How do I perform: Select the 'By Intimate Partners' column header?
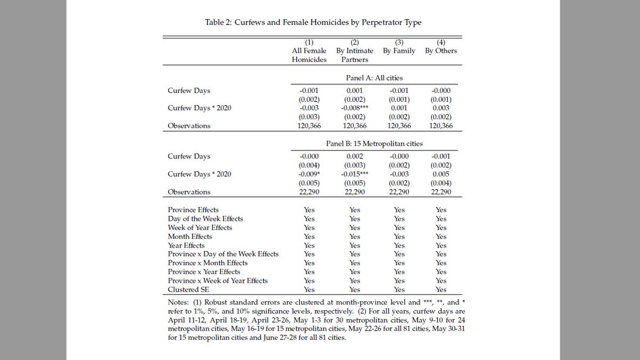(355, 51)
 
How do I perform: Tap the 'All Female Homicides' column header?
(309, 51)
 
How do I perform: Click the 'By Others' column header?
(441, 51)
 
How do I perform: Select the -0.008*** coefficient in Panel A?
(355, 108)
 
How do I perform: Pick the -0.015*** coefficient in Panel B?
(355, 174)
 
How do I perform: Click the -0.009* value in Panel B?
(309, 174)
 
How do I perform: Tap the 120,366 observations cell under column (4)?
(441, 126)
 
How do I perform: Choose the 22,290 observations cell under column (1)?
(309, 192)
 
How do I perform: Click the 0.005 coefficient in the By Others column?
(441, 174)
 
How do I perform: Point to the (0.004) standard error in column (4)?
(441, 183)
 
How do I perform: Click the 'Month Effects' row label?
(190, 236)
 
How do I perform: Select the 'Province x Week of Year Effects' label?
(218, 281)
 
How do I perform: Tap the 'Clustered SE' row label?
(189, 290)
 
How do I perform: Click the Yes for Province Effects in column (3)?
(399, 210)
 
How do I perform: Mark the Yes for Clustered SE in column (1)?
(309, 290)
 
